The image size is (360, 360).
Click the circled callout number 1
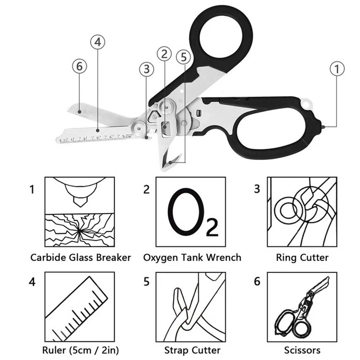tap(337, 69)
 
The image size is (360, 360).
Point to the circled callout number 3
tap(146, 69)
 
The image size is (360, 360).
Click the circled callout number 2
tap(164, 54)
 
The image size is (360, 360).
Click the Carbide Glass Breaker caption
tap(81, 258)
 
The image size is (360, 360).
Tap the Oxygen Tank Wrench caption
tap(192, 258)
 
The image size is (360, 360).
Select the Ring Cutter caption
tap(302, 258)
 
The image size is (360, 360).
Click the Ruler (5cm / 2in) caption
tap(81, 350)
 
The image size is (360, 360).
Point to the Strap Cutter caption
tap(192, 350)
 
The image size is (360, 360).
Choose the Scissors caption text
tap(302, 350)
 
